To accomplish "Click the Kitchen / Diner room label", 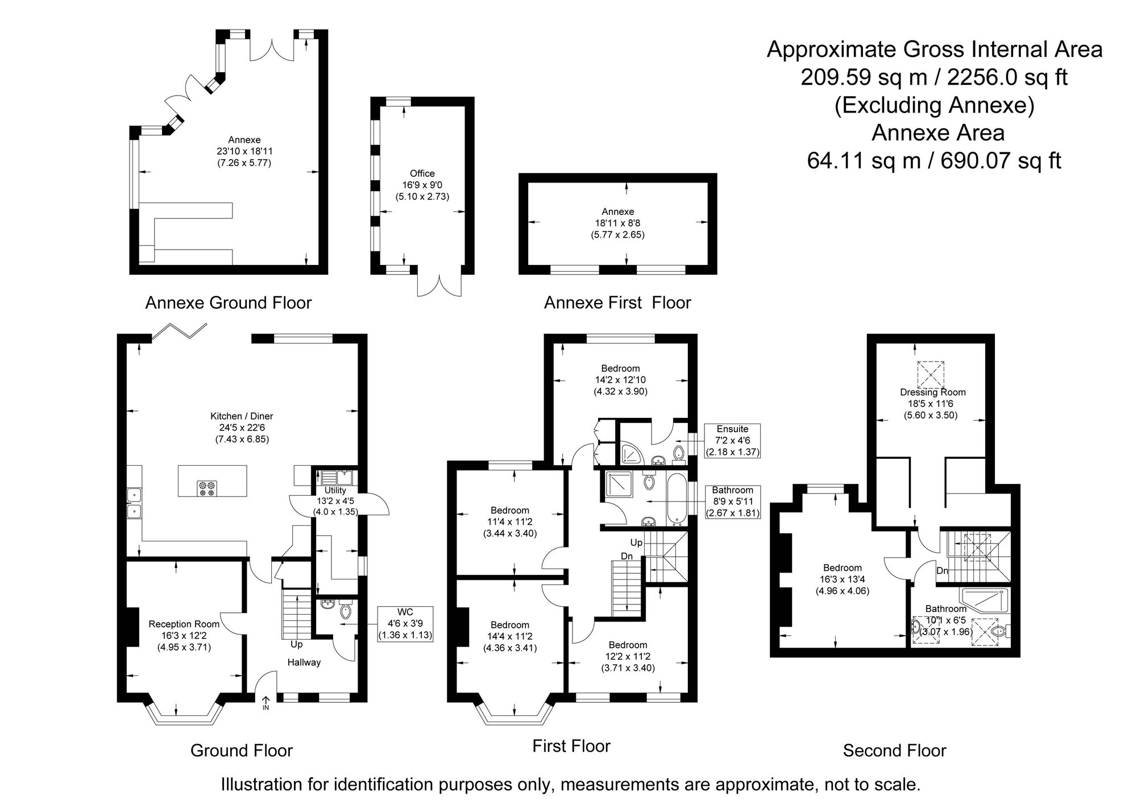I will point(242,428).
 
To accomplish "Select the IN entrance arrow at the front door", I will point(266,703).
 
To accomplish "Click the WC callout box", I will point(405,624).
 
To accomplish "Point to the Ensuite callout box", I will point(732,441).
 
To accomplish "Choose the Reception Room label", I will point(184,635).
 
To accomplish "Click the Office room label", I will point(422,185).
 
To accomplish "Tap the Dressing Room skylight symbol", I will point(931,374).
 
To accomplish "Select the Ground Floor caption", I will point(242,751).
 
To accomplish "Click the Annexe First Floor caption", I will point(617,302).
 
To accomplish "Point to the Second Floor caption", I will point(894,751).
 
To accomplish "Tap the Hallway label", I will point(304,662).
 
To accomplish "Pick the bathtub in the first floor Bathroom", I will point(677,499).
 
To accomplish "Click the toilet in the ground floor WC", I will point(345,611).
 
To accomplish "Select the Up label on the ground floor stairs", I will point(296,645).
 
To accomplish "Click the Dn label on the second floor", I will point(942,570).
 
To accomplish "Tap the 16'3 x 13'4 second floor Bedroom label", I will point(843,579).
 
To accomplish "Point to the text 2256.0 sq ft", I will point(1007,77).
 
